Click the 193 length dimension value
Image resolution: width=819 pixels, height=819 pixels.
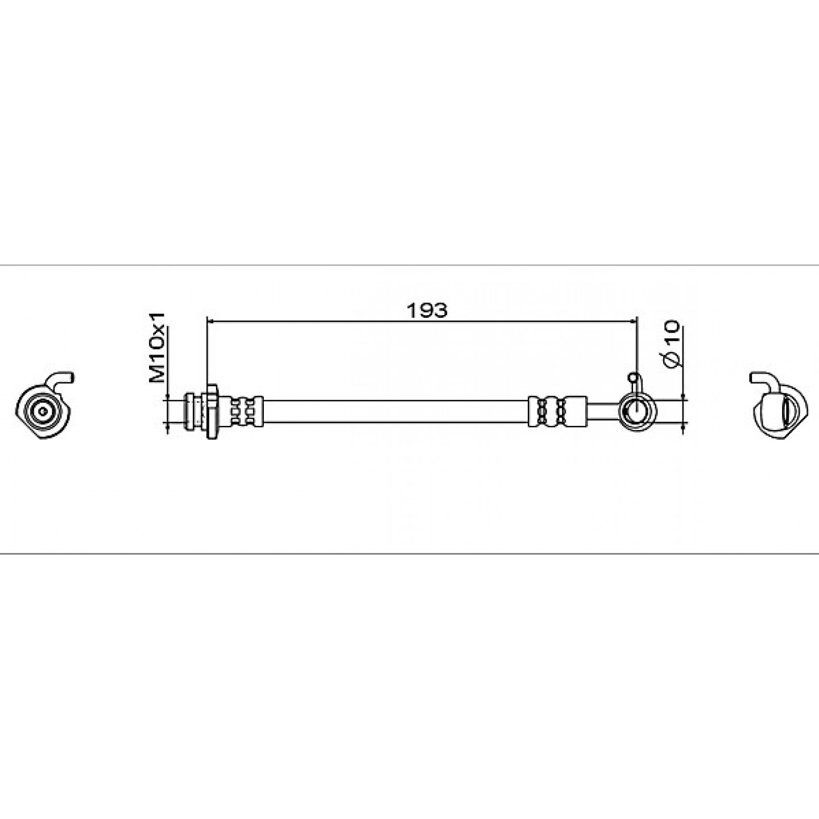point(427,311)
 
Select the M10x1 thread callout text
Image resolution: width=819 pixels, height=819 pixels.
point(156,348)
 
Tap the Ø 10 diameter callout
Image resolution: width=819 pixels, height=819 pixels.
point(671,345)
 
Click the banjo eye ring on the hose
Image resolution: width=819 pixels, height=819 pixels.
point(638,411)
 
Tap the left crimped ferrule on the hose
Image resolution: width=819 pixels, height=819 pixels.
point(246,411)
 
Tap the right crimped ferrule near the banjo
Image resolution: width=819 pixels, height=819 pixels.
point(557,411)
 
